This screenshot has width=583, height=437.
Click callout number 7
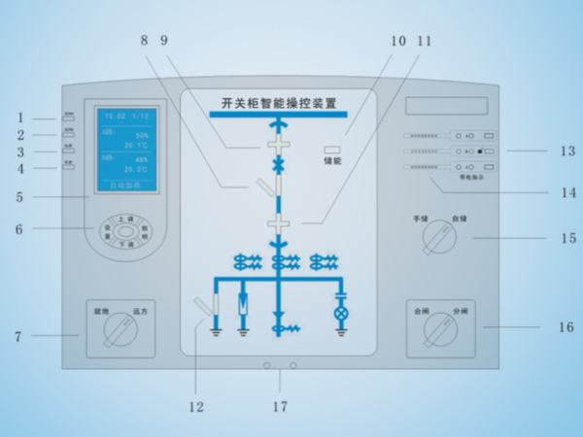17,336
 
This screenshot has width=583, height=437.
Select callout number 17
279,406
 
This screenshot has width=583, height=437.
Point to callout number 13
566,151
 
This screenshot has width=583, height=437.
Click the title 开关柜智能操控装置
278,102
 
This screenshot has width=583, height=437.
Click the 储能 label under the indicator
332,161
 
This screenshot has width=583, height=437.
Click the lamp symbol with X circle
341,315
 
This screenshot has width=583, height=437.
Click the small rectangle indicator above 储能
331,149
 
